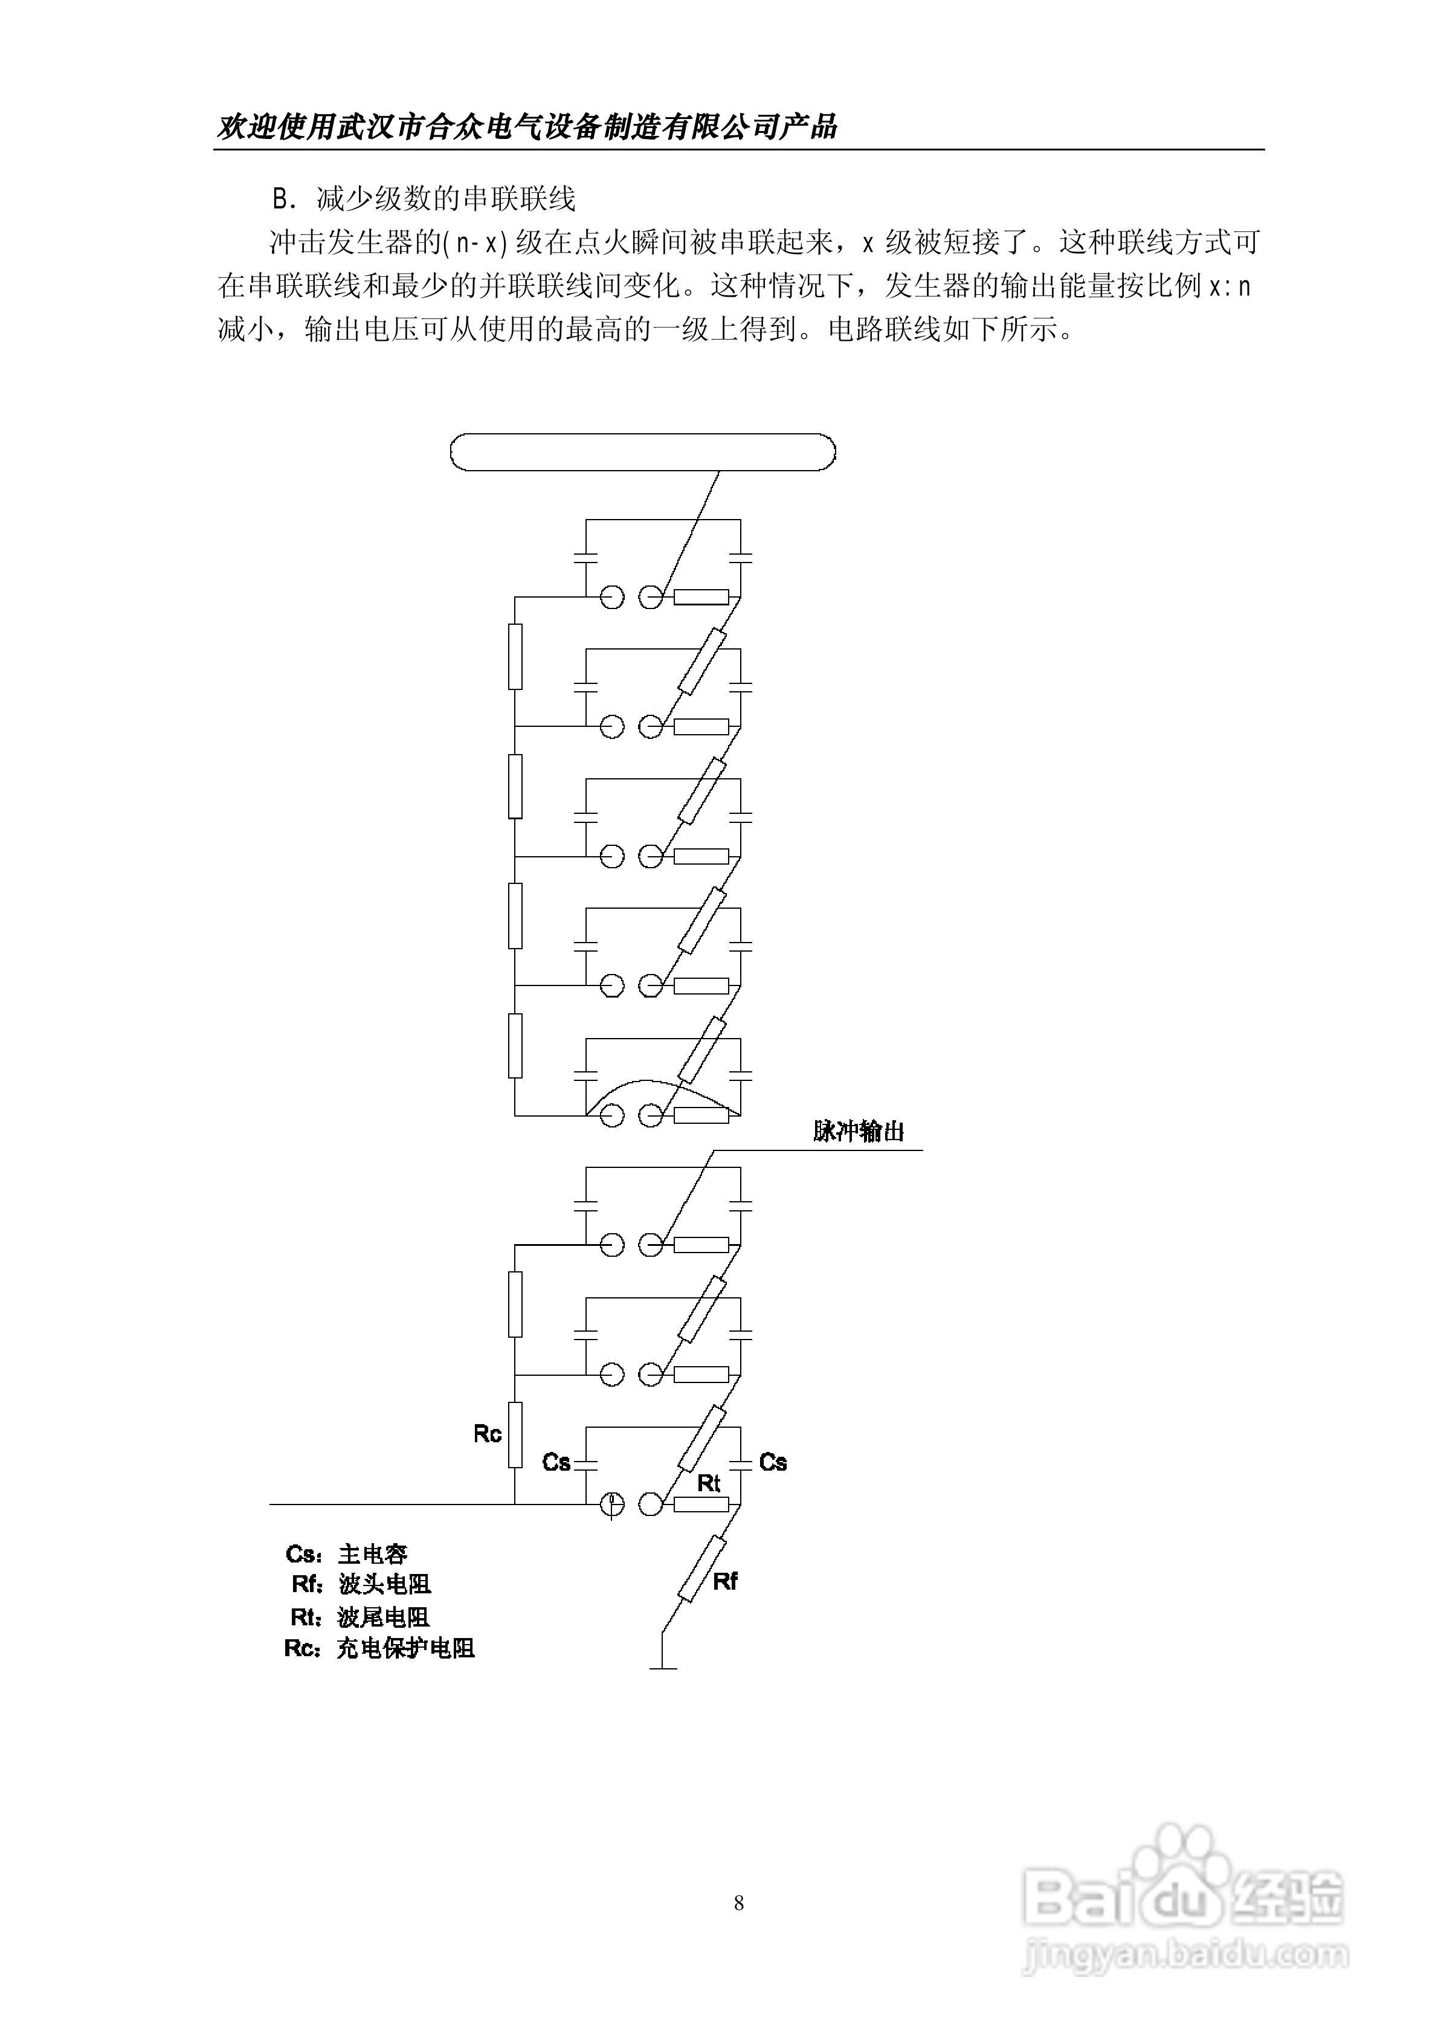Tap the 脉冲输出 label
tap(858, 1132)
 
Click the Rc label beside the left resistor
tap(488, 1434)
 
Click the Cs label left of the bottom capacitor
tap(556, 1462)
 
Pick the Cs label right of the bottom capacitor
tap(773, 1462)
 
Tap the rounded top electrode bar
tap(643, 452)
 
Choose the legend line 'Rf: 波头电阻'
tap(361, 1584)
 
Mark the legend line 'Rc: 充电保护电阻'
tap(379, 1648)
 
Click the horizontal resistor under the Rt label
tap(701, 1504)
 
